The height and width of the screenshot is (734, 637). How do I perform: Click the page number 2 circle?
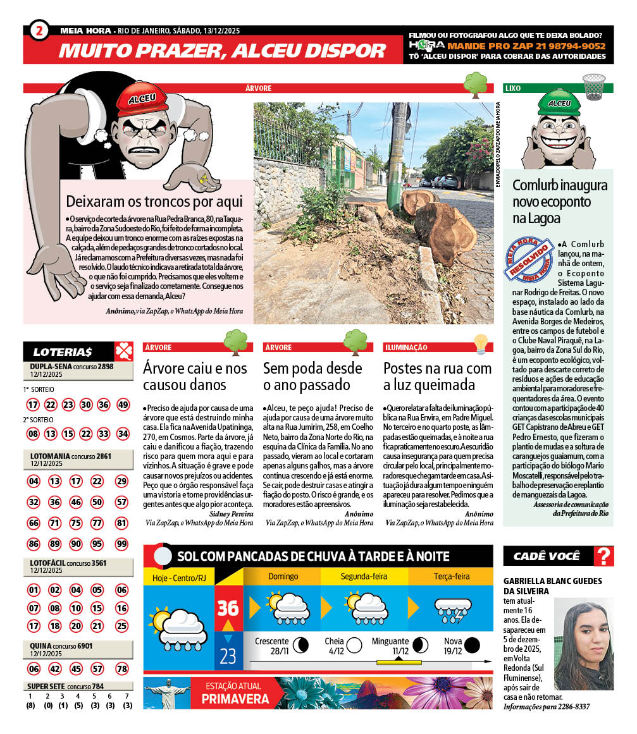[x=39, y=31]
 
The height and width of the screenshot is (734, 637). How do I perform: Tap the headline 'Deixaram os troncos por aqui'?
[x=154, y=202]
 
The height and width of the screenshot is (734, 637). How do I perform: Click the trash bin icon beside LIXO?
[x=593, y=86]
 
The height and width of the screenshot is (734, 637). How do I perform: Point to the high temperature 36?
[x=228, y=608]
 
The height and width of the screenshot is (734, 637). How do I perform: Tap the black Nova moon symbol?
[x=471, y=645]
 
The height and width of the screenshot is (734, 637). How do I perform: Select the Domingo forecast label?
[x=283, y=577]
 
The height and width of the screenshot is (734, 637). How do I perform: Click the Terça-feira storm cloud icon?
[x=451, y=609]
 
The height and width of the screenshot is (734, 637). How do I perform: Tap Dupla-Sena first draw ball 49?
[x=123, y=405]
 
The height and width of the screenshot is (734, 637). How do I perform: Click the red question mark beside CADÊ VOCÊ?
[x=605, y=556]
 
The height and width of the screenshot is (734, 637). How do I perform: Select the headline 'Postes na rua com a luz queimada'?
[x=437, y=376]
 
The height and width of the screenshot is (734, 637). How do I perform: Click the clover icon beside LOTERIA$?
[x=123, y=352]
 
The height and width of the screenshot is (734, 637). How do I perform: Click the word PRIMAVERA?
[x=235, y=699]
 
